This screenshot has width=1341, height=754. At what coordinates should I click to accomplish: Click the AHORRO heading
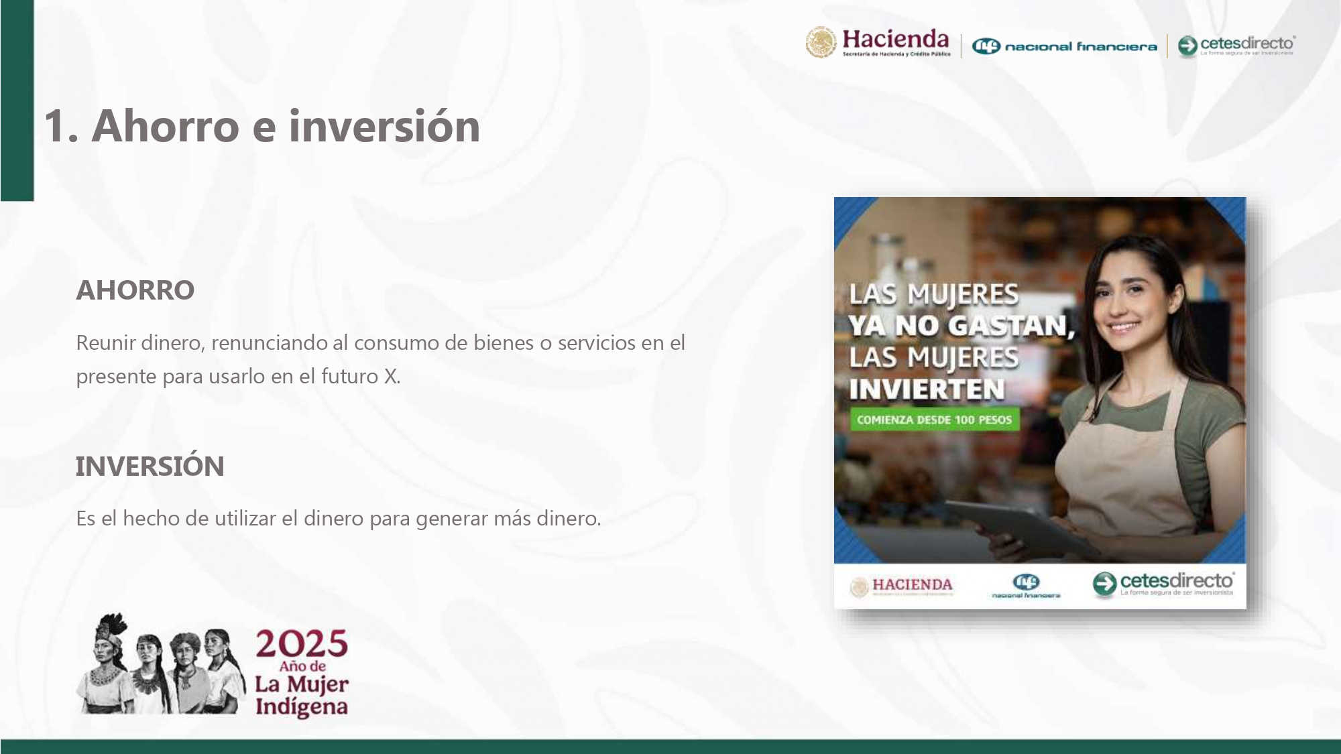tap(135, 290)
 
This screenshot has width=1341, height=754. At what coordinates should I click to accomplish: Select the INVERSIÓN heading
tap(150, 466)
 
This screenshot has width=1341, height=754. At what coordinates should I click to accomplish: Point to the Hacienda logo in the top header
tap(878, 44)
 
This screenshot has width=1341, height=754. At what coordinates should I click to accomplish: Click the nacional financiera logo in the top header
tap(1064, 46)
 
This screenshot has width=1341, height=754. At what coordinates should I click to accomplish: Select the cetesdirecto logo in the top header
tap(1236, 46)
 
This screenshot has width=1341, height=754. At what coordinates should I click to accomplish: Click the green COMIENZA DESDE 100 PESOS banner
tap(934, 420)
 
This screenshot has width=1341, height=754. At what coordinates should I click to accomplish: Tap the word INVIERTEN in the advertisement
tap(927, 389)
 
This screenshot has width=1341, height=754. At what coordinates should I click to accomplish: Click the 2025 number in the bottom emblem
tap(301, 644)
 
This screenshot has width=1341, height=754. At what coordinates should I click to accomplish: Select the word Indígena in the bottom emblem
tap(301, 707)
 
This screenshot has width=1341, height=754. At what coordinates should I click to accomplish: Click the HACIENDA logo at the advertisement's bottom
tap(902, 586)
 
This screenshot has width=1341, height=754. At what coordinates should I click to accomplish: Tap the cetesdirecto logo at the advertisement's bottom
tap(1163, 584)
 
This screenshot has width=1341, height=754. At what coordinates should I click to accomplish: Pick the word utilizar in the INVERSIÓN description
tap(245, 518)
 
